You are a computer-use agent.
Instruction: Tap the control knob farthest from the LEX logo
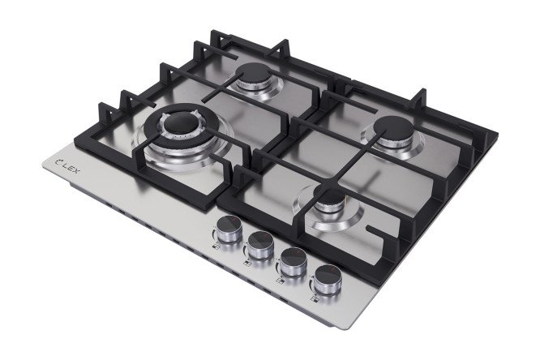coord(328,280)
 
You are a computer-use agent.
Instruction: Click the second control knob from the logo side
coord(261,246)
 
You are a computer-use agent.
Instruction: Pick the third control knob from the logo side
coord(294,262)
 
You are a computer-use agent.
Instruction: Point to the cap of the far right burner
coord(393,130)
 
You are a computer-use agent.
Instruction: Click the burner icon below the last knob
coord(315,299)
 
